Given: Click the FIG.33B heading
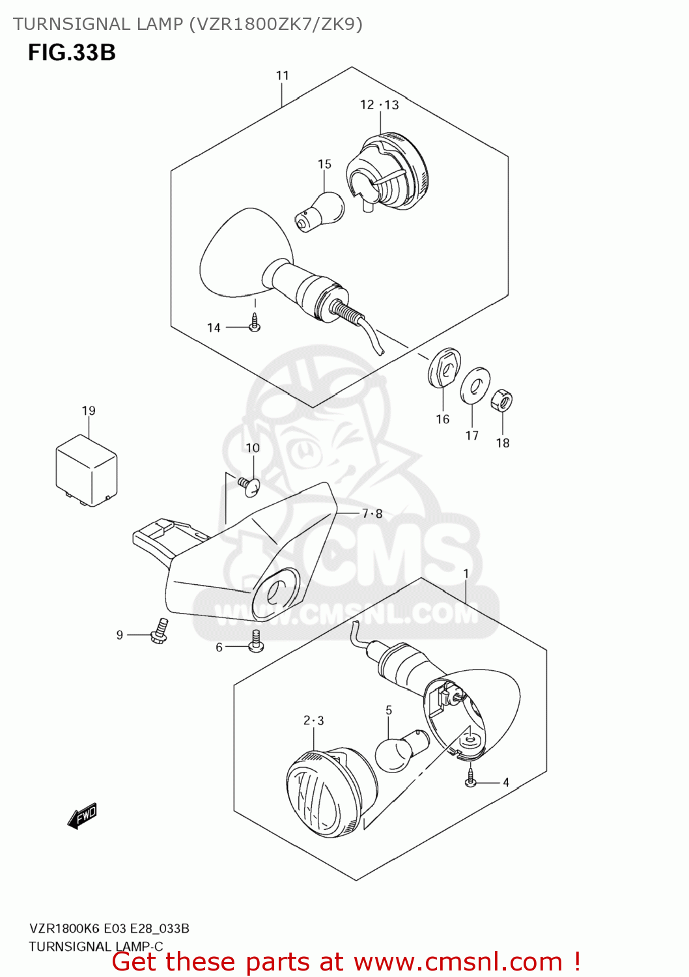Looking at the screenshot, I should [x=72, y=52].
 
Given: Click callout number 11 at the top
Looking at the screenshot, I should [x=282, y=76].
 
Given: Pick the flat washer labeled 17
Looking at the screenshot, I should [x=475, y=386].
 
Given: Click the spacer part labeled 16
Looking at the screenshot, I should [x=444, y=368].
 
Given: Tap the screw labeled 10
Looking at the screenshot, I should [x=249, y=486].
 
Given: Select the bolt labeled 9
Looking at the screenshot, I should [x=159, y=631].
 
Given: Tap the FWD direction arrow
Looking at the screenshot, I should [x=83, y=815].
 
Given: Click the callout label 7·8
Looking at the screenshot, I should [x=372, y=514].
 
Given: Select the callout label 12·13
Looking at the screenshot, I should [x=379, y=105].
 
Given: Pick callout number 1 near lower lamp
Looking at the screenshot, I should [x=466, y=573].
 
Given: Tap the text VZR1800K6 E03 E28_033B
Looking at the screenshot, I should [x=109, y=928].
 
